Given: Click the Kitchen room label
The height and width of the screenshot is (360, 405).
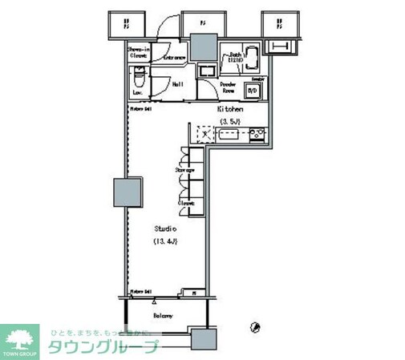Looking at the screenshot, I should coord(229,108).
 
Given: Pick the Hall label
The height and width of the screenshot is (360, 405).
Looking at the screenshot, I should coord(177,83).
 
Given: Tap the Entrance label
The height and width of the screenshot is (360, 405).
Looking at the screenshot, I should coord(175,58).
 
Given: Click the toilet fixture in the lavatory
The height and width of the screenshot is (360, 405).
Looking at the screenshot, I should coord(137,79).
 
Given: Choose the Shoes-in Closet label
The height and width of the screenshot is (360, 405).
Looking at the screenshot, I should coord(139,53).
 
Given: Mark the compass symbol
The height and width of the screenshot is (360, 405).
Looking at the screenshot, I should coord(254,326).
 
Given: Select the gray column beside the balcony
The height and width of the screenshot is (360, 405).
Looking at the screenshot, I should coord(201,337).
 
